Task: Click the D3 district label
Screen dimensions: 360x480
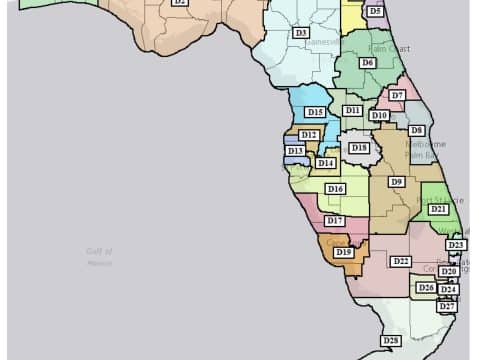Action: tap(300, 33)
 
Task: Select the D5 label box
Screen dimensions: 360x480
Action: tap(374, 11)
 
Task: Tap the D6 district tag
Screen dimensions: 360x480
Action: tap(368, 63)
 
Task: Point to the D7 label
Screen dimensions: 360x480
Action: tap(397, 95)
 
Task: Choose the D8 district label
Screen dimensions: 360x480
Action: tap(416, 130)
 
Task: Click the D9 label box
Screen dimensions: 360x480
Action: tap(397, 182)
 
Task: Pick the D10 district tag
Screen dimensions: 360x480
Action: tap(379, 116)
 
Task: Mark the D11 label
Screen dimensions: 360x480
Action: tap(352, 110)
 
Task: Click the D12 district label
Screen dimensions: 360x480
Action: tap(309, 134)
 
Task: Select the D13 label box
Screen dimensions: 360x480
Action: tap(295, 151)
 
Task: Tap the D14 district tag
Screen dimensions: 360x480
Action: tap(325, 163)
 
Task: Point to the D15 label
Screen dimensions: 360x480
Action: tap(315, 113)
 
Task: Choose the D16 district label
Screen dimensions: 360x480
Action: tap(335, 189)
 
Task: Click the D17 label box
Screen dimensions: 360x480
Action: tap(334, 220)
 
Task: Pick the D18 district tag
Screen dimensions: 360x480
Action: tap(359, 148)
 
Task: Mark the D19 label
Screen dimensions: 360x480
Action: tap(344, 253)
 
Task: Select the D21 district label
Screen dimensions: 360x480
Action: tap(438, 209)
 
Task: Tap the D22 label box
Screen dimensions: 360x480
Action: tap(401, 261)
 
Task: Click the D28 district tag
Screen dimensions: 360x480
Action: tap(391, 341)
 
